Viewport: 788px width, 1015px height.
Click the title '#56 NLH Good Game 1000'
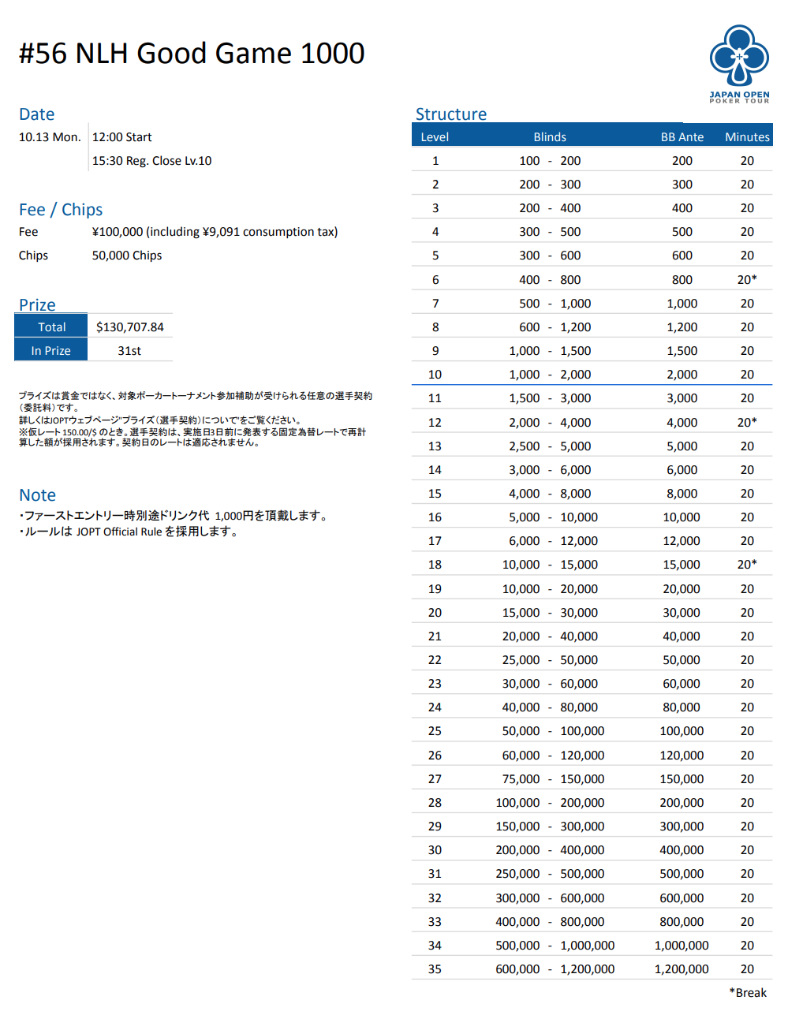pos(192,54)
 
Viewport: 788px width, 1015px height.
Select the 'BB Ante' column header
pos(682,137)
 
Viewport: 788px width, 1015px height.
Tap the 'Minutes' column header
pos(746,137)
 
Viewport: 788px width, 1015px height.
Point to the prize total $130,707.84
pos(130,327)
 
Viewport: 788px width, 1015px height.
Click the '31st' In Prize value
pos(129,351)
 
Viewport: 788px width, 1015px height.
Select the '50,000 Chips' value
pos(127,256)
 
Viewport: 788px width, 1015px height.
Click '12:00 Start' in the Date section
pos(122,137)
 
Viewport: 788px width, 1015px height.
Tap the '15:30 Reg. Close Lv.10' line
pos(151,161)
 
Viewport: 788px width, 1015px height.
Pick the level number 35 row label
pos(435,969)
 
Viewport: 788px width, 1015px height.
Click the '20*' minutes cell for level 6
pos(746,280)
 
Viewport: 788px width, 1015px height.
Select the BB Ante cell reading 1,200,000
pos(682,969)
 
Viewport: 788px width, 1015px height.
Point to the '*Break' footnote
pos(748,993)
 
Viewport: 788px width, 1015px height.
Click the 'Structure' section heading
pos(451,114)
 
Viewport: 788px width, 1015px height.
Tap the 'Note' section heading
pos(37,495)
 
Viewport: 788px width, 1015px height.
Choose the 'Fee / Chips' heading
pos(61,210)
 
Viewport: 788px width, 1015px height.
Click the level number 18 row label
pos(435,565)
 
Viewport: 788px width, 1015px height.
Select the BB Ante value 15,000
pos(682,565)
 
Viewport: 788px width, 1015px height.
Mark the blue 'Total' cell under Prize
pos(51,327)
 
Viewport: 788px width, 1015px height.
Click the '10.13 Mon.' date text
pos(50,137)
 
